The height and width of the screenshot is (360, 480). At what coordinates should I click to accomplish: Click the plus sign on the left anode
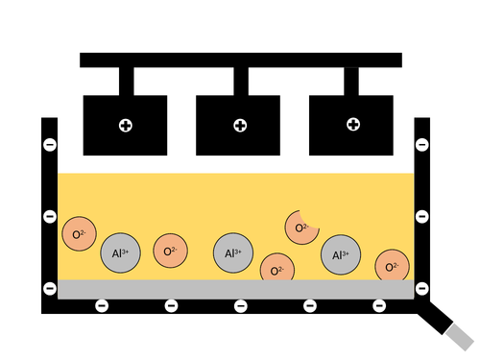(x=125, y=125)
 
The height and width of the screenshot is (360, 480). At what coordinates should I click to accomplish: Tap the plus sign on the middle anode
(x=239, y=125)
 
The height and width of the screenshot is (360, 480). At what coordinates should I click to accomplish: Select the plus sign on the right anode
(x=352, y=125)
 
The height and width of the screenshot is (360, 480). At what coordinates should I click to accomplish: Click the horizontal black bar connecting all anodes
(x=240, y=60)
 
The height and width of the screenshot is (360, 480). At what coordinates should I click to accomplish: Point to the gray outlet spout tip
(x=461, y=336)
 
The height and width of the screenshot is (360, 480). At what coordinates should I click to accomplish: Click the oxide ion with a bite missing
(x=301, y=228)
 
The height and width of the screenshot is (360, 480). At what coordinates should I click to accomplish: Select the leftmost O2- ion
(x=78, y=234)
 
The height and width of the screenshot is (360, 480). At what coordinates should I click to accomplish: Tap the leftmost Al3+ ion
(x=121, y=253)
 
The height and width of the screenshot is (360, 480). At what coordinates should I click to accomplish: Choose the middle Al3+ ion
(x=233, y=253)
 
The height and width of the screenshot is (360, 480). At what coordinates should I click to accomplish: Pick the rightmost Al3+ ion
(x=341, y=255)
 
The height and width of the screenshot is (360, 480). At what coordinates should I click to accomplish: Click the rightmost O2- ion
(x=392, y=266)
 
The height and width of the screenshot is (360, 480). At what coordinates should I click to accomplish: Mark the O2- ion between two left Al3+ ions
(x=171, y=251)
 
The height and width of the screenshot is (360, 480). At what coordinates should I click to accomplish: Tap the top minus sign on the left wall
(x=49, y=145)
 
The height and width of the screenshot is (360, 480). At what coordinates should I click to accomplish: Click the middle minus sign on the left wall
(x=49, y=216)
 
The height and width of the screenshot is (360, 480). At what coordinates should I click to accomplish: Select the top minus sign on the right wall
(x=421, y=145)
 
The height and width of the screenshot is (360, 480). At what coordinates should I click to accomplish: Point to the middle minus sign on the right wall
(x=421, y=216)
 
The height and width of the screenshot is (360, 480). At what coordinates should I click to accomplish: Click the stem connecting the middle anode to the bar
(x=240, y=81)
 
